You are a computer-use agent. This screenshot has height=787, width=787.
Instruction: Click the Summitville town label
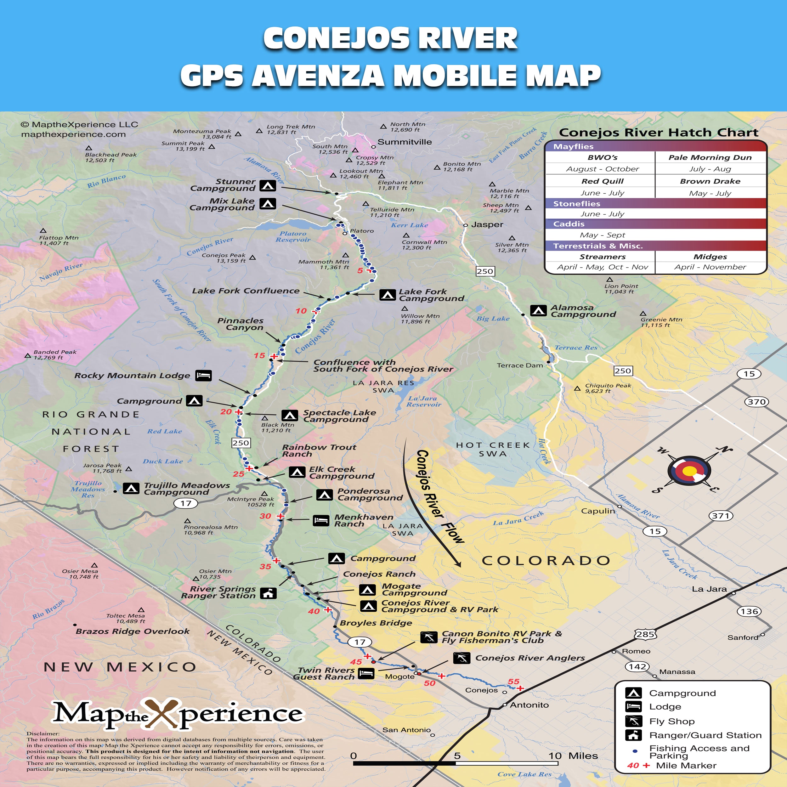coord(405,142)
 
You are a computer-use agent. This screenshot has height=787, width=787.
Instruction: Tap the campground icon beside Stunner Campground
coord(268,185)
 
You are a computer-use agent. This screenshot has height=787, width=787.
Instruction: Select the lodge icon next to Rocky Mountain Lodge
coord(203,375)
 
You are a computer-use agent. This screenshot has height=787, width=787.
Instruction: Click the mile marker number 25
coord(238,474)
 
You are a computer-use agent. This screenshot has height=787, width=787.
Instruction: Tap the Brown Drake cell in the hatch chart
coord(710,181)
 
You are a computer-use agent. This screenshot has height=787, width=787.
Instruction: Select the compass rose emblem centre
coord(689,471)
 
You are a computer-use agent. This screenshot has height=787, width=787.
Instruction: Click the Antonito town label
coord(529,705)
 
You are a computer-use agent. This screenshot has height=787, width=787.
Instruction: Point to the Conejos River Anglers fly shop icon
coord(461,658)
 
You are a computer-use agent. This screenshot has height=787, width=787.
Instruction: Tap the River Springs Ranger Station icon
coord(268,593)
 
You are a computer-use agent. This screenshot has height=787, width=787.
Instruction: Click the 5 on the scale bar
coord(457,756)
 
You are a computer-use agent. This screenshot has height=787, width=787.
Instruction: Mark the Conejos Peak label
coord(224,258)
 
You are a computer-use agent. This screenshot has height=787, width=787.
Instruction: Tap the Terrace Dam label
coord(520,365)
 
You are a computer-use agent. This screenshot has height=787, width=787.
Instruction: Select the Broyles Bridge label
coord(376,623)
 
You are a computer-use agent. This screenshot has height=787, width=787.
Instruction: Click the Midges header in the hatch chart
coord(710,257)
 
